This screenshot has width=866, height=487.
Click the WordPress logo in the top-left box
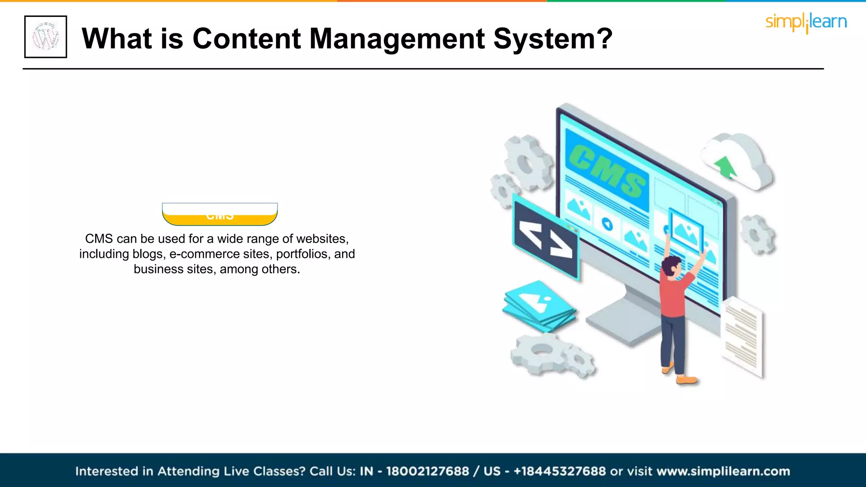tap(46, 37)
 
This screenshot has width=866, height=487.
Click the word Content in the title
tap(247, 39)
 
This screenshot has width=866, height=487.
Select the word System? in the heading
tap(553, 39)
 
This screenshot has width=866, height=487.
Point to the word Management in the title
tap(397, 39)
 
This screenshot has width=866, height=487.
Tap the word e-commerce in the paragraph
tap(205, 254)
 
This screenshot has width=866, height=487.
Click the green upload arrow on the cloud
tap(726, 167)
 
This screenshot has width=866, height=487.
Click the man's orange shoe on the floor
tap(686, 380)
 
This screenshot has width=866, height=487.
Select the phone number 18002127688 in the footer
tap(427, 471)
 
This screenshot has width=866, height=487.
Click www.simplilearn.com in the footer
tap(723, 471)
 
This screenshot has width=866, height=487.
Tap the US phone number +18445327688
tap(559, 471)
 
